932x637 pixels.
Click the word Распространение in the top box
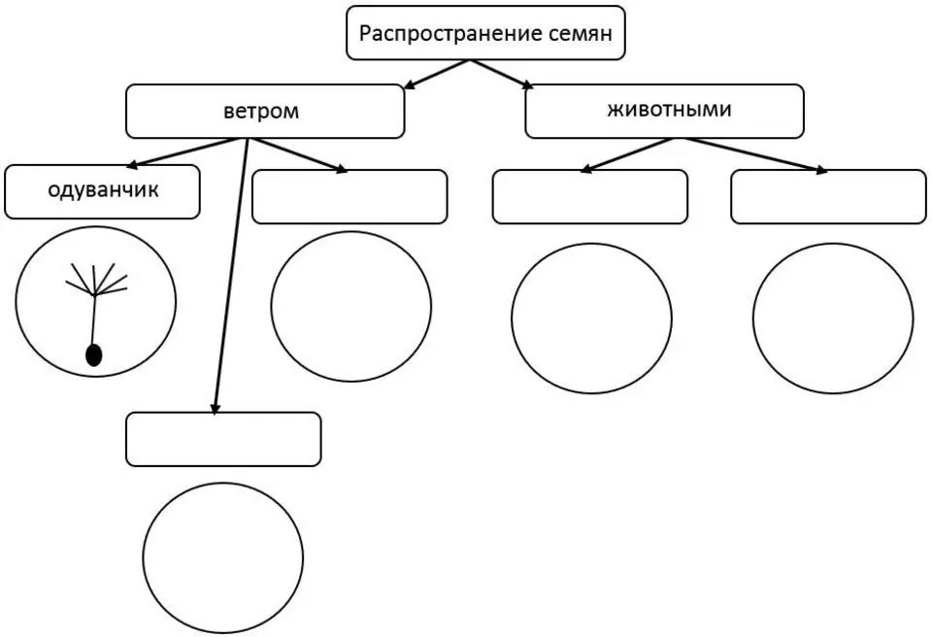tap(443, 34)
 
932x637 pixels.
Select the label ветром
tap(261, 112)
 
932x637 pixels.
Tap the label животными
tap(669, 110)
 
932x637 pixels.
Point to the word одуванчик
tap(104, 190)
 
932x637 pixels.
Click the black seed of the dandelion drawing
tap(94, 355)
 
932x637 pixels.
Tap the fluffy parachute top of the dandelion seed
tap(96, 279)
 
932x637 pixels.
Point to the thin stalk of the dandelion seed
tap(94, 320)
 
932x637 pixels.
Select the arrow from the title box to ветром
tap(437, 74)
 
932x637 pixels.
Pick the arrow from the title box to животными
tap(502, 74)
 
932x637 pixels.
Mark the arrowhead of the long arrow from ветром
tap(216, 408)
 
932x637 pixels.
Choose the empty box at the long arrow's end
tap(223, 439)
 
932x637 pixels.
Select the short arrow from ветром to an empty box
tap(296, 155)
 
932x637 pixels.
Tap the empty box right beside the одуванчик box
tap(349, 197)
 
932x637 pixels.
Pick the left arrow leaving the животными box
tap(627, 155)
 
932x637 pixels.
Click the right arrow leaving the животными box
tap(755, 155)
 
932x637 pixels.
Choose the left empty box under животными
tap(590, 197)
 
